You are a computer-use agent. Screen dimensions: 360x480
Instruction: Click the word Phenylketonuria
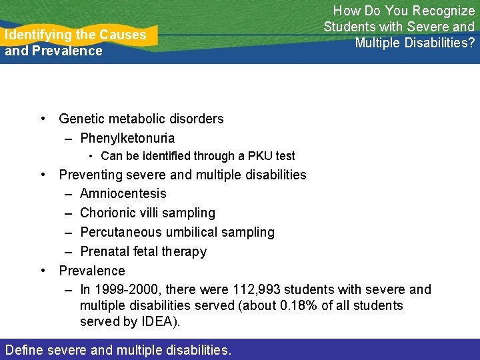127,138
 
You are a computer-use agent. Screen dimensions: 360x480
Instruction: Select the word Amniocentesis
123,193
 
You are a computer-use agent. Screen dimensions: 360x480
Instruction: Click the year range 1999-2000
127,289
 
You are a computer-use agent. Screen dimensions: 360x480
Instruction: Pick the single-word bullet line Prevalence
92,271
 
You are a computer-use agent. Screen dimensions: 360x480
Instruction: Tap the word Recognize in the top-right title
443,11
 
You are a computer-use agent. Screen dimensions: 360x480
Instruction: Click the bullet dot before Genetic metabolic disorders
43,119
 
